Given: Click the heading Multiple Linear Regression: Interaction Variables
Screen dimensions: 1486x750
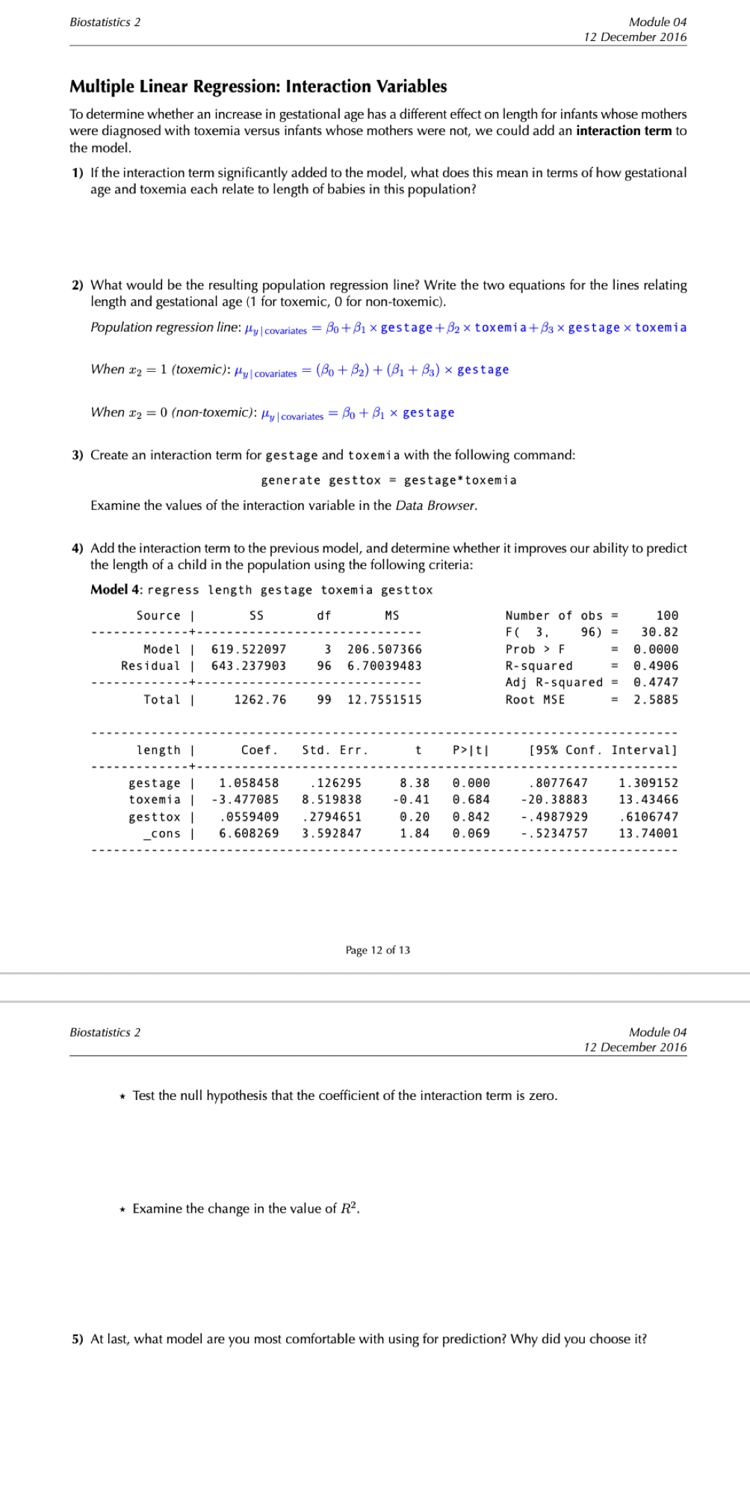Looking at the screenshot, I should [258, 87].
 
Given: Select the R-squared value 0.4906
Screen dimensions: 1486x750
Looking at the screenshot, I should [656, 666].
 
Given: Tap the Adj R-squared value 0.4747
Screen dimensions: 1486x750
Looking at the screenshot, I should [656, 683].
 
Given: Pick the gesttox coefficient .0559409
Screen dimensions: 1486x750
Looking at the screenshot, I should [249, 817].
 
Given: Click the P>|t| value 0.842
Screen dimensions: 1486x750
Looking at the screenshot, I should [471, 817].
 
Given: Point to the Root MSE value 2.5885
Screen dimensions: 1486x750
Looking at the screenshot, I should [656, 700].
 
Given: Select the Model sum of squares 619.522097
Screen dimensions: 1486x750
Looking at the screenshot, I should [249, 650].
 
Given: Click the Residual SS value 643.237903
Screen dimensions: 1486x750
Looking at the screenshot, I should [249, 666].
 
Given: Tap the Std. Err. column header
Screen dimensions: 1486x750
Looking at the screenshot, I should [335, 750].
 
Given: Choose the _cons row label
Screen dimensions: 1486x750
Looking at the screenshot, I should [162, 833].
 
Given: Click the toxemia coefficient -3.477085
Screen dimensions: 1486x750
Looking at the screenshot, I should [245, 800].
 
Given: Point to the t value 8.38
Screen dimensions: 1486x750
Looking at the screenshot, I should [415, 783].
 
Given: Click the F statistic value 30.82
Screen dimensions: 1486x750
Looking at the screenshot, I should [660, 632].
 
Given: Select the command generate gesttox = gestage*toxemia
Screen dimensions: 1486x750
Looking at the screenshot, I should [388, 480].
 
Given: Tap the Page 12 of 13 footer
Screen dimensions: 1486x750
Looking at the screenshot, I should [377, 950].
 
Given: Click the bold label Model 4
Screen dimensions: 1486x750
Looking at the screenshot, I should [116, 589].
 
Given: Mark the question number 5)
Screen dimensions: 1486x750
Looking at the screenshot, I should [78, 1339].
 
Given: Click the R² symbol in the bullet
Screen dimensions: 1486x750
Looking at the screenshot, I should [349, 1208].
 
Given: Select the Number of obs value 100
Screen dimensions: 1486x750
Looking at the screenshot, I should [667, 616].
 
